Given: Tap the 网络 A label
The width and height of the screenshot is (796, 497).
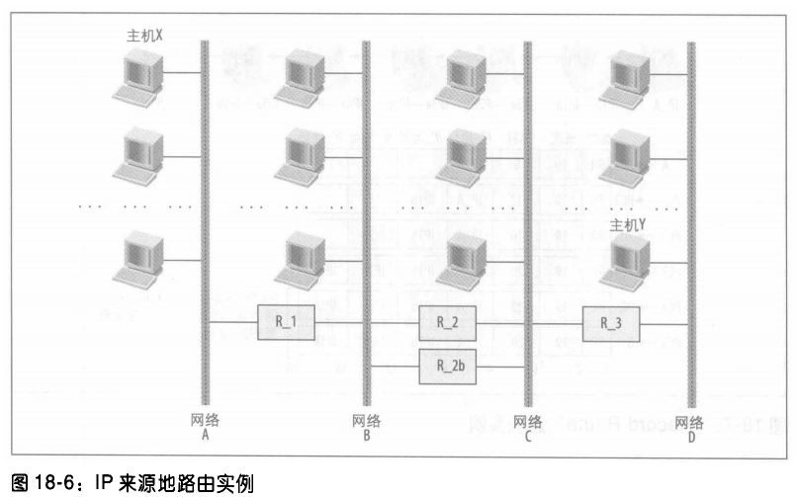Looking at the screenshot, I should [205, 427].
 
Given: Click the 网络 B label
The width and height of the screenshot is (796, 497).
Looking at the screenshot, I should [366, 427].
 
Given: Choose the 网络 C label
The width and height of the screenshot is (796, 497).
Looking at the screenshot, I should [527, 427].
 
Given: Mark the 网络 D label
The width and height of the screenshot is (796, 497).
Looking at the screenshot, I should [689, 427].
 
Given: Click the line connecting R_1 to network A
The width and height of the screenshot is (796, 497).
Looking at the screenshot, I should [233, 323].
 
